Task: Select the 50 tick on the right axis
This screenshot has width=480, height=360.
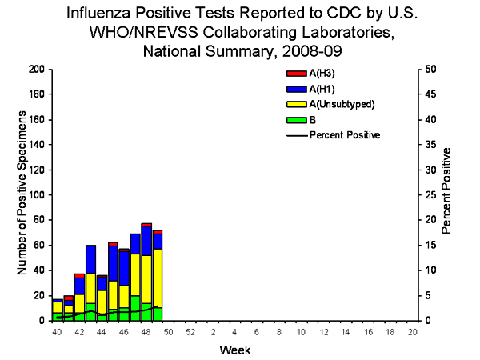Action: click(x=430, y=70)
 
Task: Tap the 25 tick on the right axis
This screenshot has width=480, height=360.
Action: click(x=430, y=195)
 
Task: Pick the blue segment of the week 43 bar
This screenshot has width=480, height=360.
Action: click(x=90, y=259)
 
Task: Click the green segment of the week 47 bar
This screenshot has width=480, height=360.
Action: click(x=135, y=308)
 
